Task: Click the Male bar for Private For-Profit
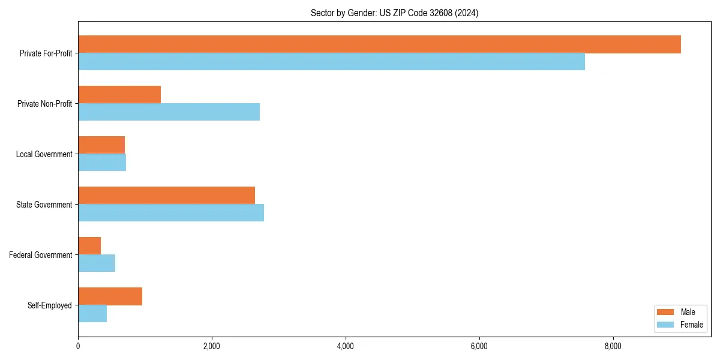[379, 44]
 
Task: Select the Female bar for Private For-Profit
[331, 62]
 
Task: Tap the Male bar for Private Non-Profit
[119, 95]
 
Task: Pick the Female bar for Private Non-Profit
[169, 112]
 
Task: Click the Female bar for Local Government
[102, 163]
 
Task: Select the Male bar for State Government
[166, 196]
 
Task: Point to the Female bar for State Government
[171, 213]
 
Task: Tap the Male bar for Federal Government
[89, 246]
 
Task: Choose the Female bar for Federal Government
[97, 263]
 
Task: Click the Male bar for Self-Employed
[110, 296]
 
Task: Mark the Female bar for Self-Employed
[92, 314]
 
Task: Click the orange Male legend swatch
[666, 312]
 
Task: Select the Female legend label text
[691, 325]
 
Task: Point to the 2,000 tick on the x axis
[212, 346]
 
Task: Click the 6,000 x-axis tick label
[479, 346]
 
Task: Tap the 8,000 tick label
[613, 346]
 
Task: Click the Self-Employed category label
[50, 305]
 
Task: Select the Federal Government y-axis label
[41, 255]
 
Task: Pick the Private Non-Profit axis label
[44, 104]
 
